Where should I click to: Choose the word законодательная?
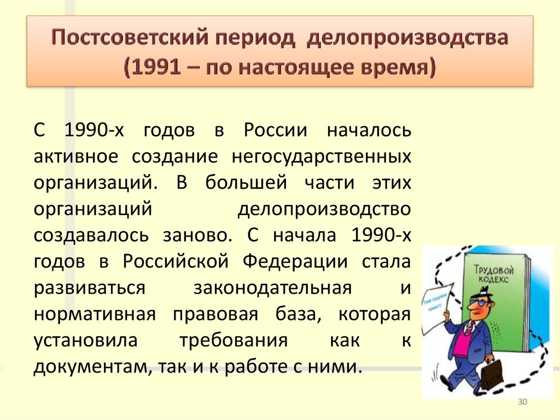pos(272,287)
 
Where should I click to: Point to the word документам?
pos(88,366)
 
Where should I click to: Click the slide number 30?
pos(522,403)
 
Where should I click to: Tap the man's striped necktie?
pos(469,328)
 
